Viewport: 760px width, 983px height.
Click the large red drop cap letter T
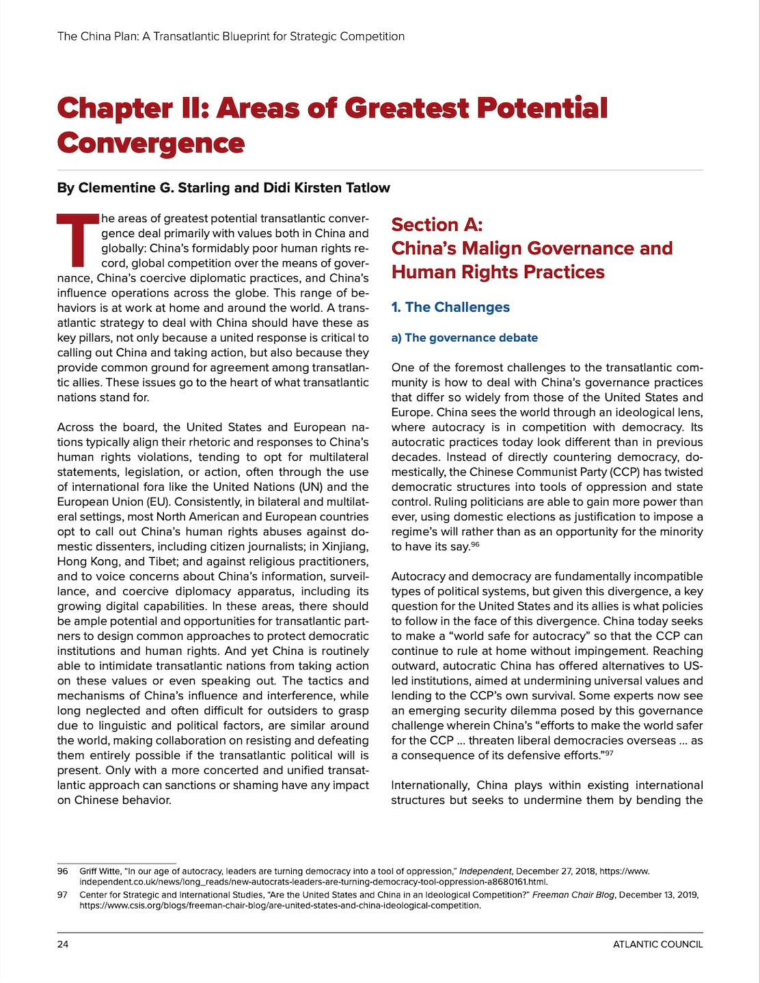click(77, 240)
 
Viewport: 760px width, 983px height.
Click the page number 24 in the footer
click(63, 944)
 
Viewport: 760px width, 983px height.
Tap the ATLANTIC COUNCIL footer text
click(657, 944)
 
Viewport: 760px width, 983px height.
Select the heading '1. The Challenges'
click(450, 307)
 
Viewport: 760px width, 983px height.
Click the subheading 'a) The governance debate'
click(464, 338)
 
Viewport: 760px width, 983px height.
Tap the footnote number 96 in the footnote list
click(63, 871)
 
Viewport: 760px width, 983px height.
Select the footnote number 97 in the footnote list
click(63, 895)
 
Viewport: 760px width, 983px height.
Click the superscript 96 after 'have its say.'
click(475, 544)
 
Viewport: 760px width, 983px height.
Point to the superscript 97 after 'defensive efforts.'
click(608, 753)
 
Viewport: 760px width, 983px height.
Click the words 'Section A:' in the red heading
click(437, 225)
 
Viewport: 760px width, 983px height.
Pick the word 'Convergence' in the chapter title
click(151, 143)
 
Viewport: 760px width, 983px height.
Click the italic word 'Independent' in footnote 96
click(485, 871)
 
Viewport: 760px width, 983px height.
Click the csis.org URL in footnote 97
click(280, 906)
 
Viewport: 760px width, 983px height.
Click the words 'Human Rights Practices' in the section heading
click(498, 272)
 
